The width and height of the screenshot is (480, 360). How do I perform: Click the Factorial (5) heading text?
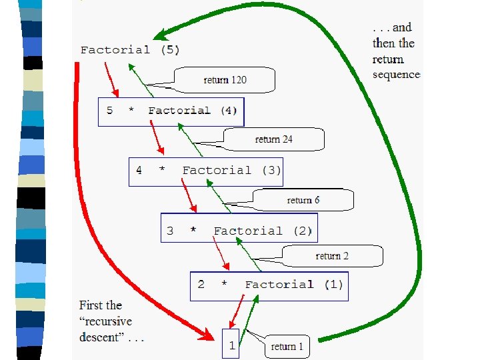(130, 50)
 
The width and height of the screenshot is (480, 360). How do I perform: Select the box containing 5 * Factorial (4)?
(171, 111)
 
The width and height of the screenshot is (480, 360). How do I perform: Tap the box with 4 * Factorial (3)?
(206, 171)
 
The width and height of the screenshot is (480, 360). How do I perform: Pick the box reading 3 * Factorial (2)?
(239, 231)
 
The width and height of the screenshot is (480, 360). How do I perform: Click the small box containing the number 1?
(231, 344)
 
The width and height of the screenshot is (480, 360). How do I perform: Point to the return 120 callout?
(225, 80)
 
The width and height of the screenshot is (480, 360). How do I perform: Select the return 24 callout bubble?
(273, 139)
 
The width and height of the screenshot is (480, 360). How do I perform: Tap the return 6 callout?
(303, 200)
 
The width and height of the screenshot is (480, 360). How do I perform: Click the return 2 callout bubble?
(332, 256)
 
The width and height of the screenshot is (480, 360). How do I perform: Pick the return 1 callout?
(287, 347)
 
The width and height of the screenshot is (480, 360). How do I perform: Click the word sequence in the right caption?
(397, 75)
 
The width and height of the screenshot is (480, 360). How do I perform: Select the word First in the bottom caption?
(91, 305)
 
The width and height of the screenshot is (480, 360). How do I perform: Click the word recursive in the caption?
(107, 321)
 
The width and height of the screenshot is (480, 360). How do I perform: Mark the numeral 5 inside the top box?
(110, 111)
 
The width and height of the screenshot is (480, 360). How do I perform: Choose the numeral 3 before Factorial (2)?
(170, 231)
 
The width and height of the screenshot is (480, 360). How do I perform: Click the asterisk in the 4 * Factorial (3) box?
(161, 171)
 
